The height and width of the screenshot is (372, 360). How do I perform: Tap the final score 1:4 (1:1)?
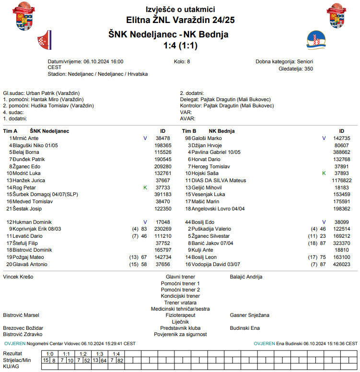pos(180,46)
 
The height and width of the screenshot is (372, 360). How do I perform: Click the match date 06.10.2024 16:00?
pos(104,62)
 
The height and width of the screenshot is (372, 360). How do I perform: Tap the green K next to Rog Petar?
pos(145,187)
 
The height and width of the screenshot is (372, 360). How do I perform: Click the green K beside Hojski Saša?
pos(324,173)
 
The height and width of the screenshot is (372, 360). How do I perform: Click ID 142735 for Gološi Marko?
pos(342,138)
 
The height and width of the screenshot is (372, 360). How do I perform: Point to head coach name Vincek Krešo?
pos(18,277)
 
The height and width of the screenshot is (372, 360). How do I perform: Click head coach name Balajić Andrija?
pos(246,277)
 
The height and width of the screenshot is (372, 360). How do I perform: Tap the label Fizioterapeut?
pos(180,315)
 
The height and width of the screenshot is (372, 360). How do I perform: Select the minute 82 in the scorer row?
pos(120,360)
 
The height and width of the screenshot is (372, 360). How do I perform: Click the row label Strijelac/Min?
pos(17,360)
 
